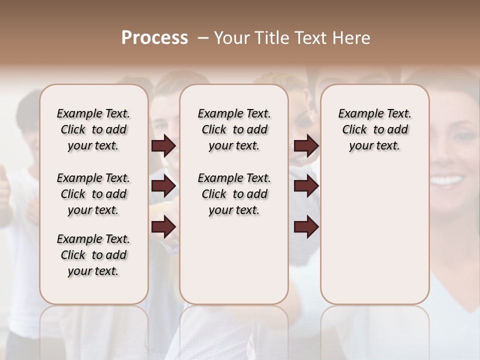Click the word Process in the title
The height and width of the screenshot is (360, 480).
pos(154,38)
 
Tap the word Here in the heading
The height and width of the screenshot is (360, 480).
pos(352,38)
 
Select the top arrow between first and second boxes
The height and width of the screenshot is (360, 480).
pos(163,146)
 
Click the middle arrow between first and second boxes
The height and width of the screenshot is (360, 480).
pos(163,186)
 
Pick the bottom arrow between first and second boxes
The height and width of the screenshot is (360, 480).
pos(163,227)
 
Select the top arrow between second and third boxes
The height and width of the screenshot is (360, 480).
pos(306,146)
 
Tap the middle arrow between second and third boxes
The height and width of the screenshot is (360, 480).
pos(306,186)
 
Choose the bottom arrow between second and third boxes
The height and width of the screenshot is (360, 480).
pos(306,227)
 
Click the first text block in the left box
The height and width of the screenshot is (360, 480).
pos(93,129)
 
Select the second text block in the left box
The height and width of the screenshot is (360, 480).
pos(93,194)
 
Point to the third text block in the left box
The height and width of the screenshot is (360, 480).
pos(93,255)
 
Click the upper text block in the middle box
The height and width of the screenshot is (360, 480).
pos(234,129)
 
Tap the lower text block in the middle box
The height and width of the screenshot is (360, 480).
pos(234,194)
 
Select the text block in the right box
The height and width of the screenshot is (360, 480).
pos(375,129)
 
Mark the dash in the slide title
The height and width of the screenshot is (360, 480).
pos(202,38)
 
